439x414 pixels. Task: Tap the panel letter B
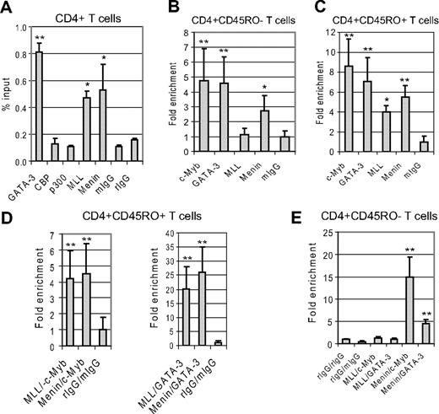(160, 9)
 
